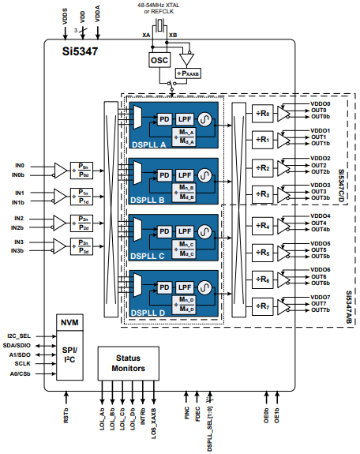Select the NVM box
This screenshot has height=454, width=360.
coord(69,324)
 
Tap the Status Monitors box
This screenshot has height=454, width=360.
coord(126,363)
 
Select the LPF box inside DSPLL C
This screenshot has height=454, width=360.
coord(185,231)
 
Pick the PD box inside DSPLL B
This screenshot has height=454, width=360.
coord(164,174)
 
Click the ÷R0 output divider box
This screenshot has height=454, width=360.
coord(264,114)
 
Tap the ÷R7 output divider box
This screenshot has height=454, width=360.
coord(264,306)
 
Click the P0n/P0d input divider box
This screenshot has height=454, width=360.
coord(85,169)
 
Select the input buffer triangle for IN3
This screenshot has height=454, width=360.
coord(60,246)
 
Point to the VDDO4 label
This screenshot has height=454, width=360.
coord(321,216)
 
